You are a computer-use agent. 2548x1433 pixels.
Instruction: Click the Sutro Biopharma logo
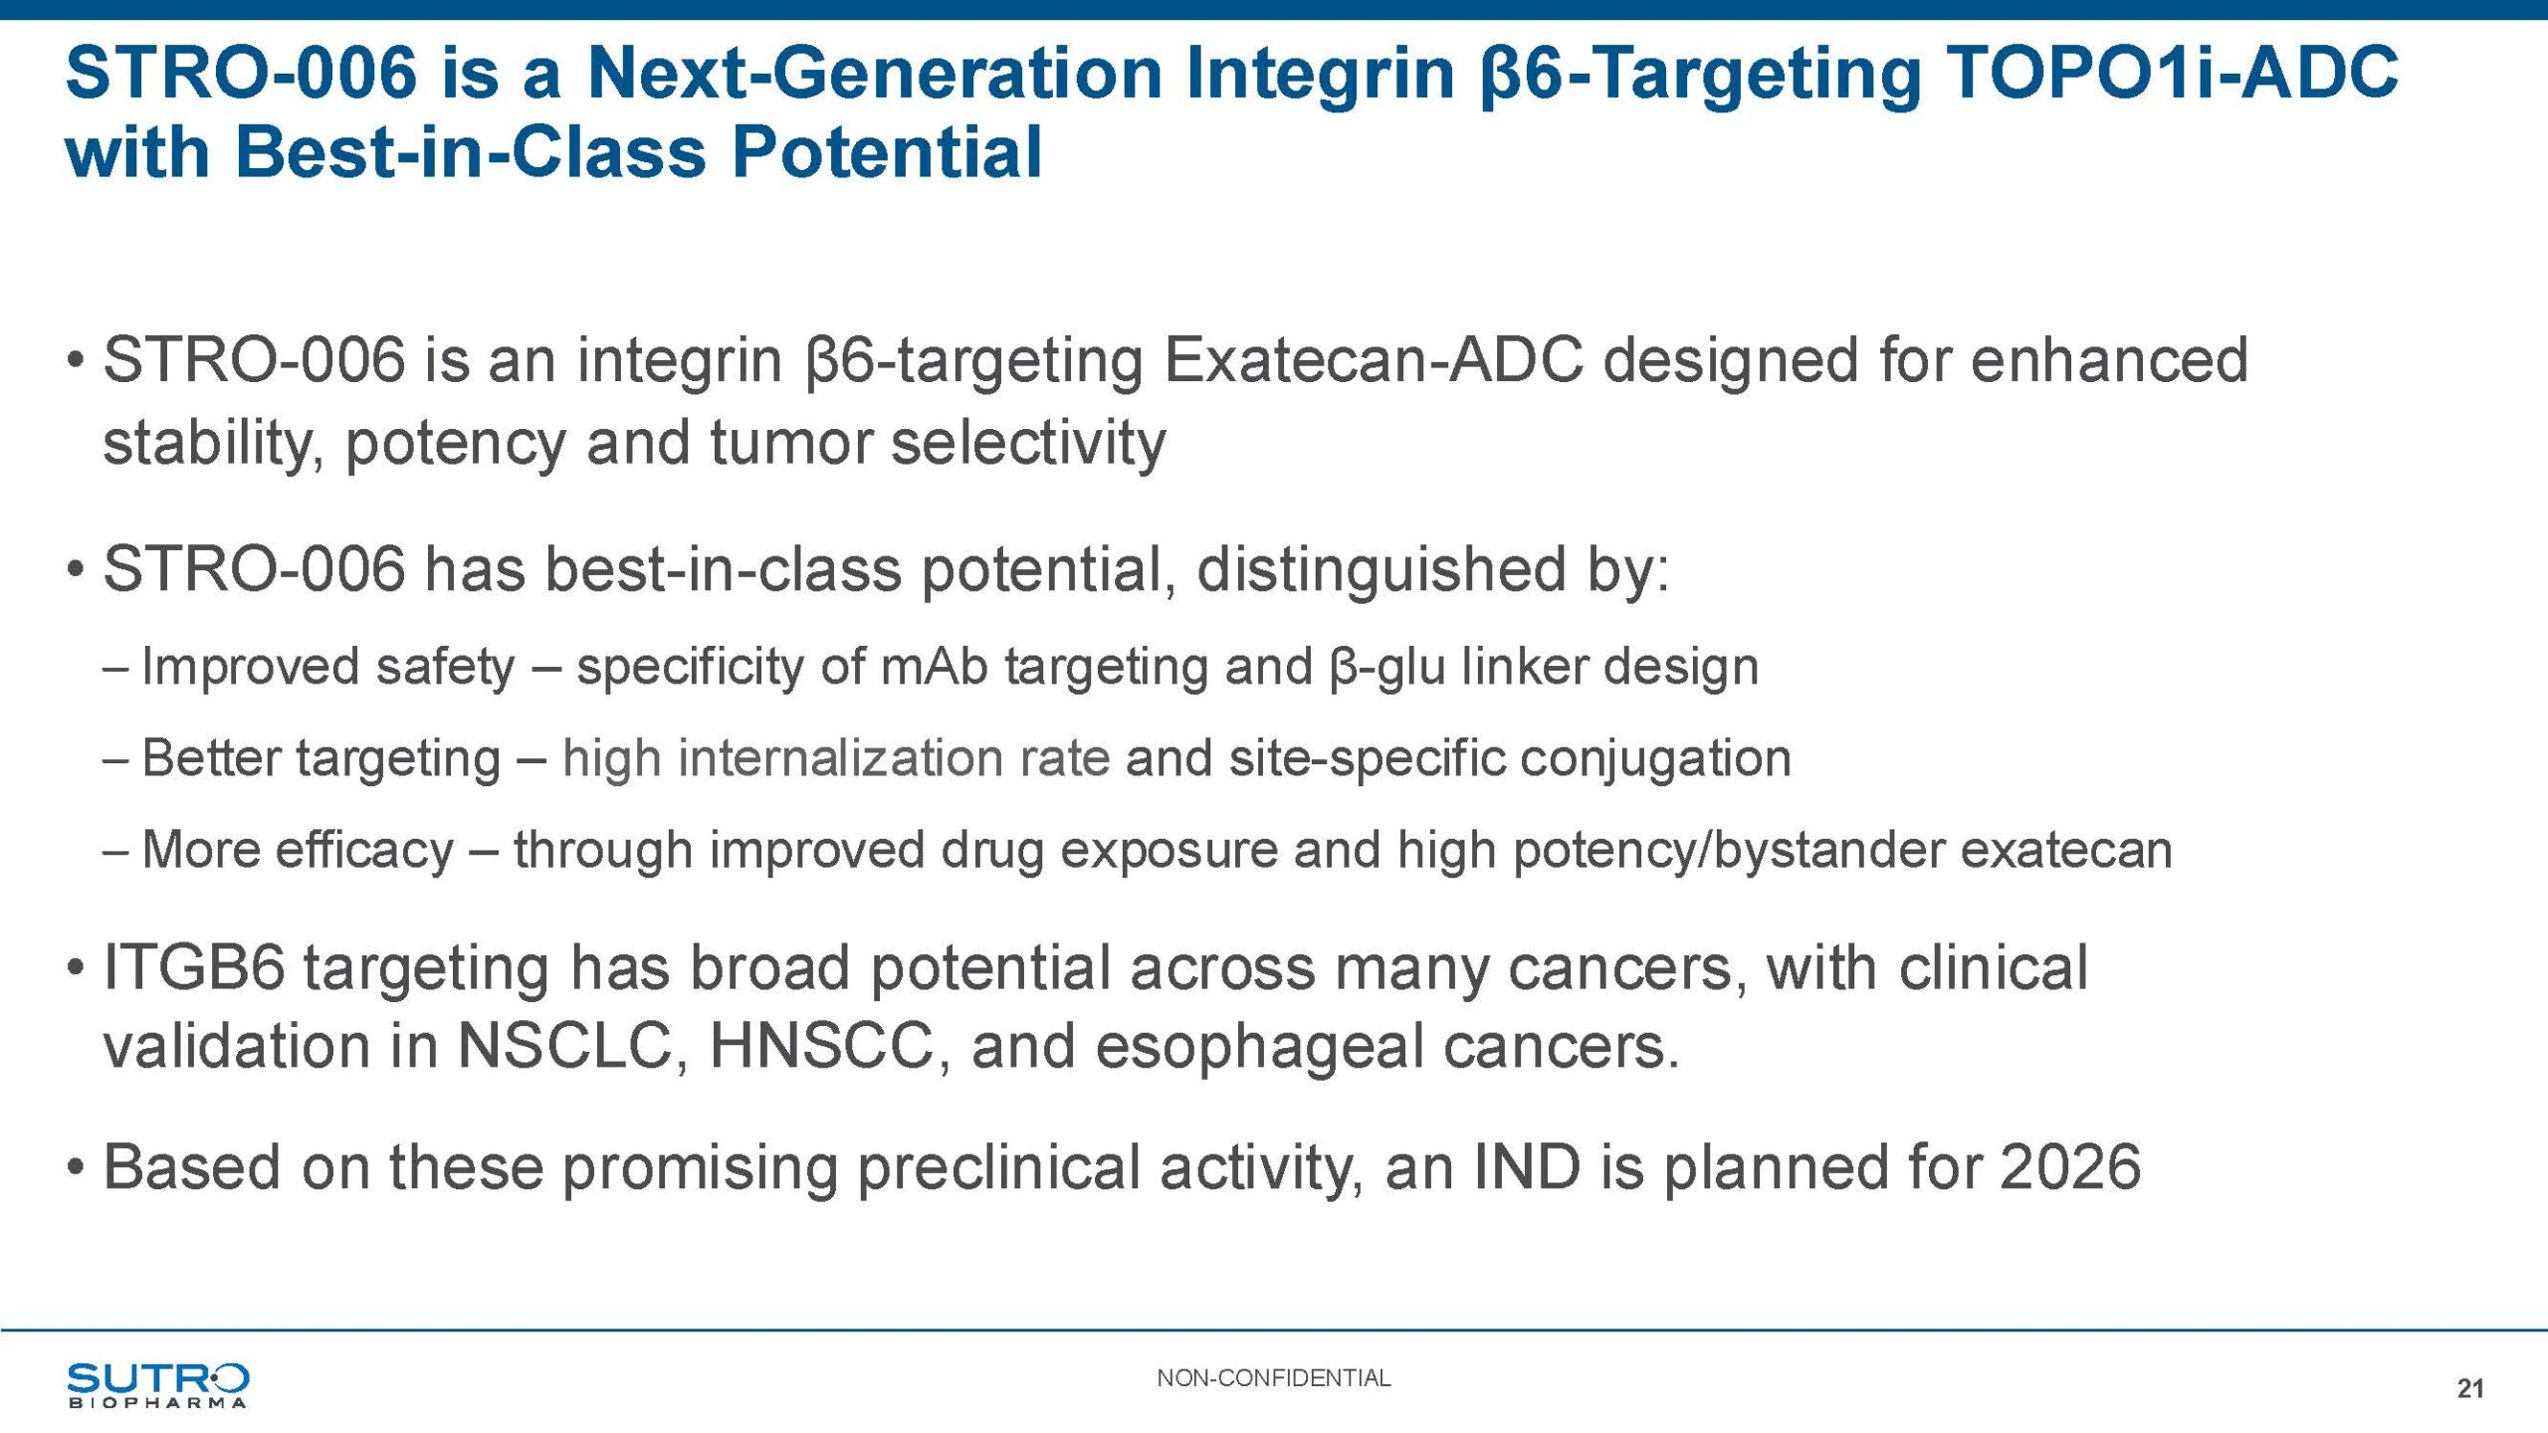[x=157, y=1384]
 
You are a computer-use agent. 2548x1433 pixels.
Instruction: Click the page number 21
[x=2470, y=1388]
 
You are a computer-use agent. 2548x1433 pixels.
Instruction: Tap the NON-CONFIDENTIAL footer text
[x=1273, y=1378]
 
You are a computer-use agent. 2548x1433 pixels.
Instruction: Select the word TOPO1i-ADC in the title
[x=2171, y=73]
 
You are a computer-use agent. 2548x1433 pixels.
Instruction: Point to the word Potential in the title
[x=888, y=152]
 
